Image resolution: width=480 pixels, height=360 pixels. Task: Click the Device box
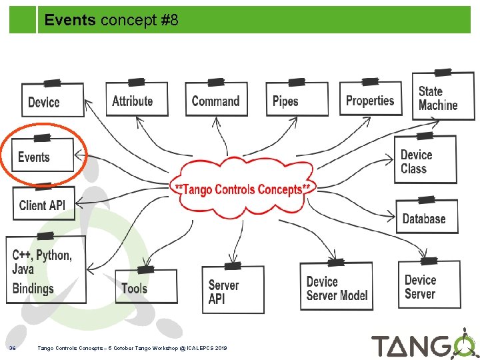coord(52,101)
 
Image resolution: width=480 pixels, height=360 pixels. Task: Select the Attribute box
coord(136,101)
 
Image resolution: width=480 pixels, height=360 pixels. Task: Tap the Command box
coord(215,101)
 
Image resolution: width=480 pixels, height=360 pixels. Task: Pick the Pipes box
coord(296,101)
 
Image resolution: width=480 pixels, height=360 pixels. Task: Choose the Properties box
coord(371,100)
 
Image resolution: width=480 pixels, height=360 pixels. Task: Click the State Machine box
coord(442,98)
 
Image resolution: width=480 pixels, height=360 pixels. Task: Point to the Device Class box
coord(425,161)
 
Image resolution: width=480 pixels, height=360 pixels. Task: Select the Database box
coord(426,218)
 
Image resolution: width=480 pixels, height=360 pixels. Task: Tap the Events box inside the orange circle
coord(42,157)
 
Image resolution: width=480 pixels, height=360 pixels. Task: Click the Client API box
coord(43,204)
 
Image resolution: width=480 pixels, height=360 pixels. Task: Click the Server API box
coord(232,291)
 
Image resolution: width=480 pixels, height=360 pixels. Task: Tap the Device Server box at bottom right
coord(431,286)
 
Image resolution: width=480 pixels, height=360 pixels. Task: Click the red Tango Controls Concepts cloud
coord(243,189)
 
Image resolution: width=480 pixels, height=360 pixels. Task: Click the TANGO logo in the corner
coord(423,345)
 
